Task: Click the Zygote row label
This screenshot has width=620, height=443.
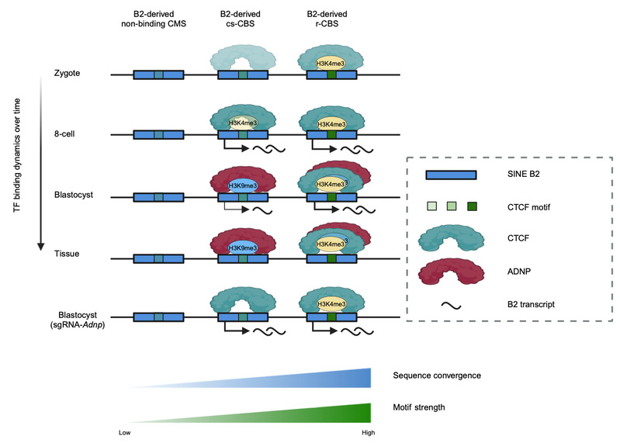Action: tap(67, 73)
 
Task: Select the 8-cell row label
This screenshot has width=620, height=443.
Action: tap(64, 134)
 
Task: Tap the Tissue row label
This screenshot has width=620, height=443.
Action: tap(67, 254)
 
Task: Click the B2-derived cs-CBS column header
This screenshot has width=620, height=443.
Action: tap(240, 19)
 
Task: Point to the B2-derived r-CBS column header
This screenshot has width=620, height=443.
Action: tap(327, 19)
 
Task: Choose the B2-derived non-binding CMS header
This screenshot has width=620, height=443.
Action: tap(154, 19)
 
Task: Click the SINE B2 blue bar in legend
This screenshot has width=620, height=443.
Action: tap(451, 175)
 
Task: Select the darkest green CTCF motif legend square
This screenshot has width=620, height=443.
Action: tap(472, 206)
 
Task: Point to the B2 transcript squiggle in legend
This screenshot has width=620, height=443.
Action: tap(451, 305)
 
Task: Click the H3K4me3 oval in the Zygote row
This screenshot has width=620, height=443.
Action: tap(330, 63)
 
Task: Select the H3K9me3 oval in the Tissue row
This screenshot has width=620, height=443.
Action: tap(243, 247)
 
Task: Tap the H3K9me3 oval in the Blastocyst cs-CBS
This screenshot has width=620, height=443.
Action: tap(243, 185)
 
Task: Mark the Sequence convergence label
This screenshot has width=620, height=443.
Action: tap(437, 376)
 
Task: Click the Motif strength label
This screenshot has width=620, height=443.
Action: tap(419, 407)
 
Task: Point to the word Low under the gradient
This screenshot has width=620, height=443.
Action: tap(125, 433)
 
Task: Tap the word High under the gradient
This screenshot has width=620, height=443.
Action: tap(368, 433)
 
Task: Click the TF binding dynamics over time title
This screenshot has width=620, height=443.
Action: tap(16, 155)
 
